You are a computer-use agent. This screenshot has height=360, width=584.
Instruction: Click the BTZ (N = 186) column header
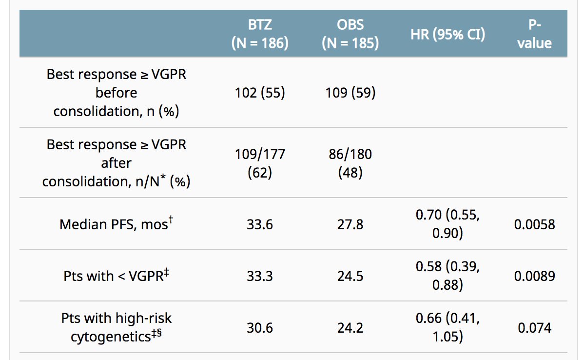pyautogui.click(x=260, y=34)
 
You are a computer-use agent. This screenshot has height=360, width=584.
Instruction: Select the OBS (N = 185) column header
pyautogui.click(x=350, y=34)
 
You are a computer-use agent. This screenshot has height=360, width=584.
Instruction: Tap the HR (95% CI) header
pyautogui.click(x=448, y=34)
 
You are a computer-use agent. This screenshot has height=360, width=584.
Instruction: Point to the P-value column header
pyautogui.click(x=535, y=34)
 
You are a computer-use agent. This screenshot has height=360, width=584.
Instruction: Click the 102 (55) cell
pyautogui.click(x=260, y=93)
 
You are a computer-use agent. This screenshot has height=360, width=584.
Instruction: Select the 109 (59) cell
pyautogui.click(x=350, y=93)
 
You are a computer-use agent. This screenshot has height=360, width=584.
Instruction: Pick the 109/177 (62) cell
pyautogui.click(x=260, y=163)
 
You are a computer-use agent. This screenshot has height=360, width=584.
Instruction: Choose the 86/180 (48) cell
pyautogui.click(x=350, y=163)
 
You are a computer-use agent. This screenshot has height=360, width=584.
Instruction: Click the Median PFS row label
pyautogui.click(x=116, y=224)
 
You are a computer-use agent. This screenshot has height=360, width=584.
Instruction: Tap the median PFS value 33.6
pyautogui.click(x=260, y=224)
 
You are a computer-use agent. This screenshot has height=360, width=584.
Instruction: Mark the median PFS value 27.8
pyautogui.click(x=350, y=224)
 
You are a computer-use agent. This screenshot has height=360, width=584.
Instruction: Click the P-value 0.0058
pyautogui.click(x=535, y=224)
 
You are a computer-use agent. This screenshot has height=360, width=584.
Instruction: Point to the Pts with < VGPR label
pyautogui.click(x=116, y=276)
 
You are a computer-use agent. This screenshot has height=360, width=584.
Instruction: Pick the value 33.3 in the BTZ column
pyautogui.click(x=260, y=276)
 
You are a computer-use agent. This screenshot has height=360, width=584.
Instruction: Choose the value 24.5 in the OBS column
pyautogui.click(x=350, y=276)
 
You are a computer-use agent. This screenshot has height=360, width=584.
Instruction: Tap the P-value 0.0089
pyautogui.click(x=535, y=276)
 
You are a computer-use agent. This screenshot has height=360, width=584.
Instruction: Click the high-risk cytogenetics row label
pyautogui.click(x=116, y=327)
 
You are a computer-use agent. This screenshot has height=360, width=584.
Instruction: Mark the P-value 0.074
pyautogui.click(x=535, y=328)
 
